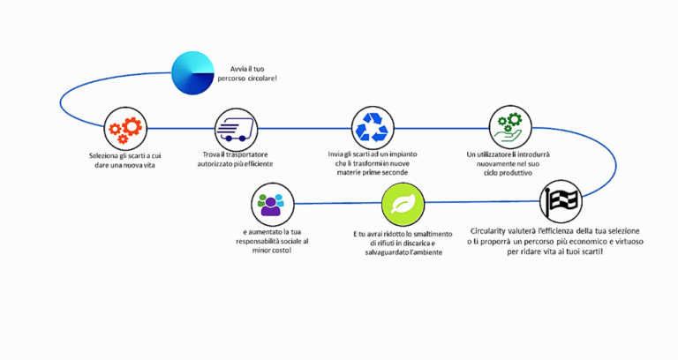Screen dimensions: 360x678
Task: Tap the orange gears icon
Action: (x=124, y=129)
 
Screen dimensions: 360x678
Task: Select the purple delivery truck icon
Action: (x=234, y=129)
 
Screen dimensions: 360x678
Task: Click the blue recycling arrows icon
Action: (x=370, y=128)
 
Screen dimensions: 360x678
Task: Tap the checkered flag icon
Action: (x=561, y=201)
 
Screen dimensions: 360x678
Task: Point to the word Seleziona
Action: (x=109, y=155)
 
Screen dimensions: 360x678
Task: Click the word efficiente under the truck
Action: (x=255, y=164)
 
